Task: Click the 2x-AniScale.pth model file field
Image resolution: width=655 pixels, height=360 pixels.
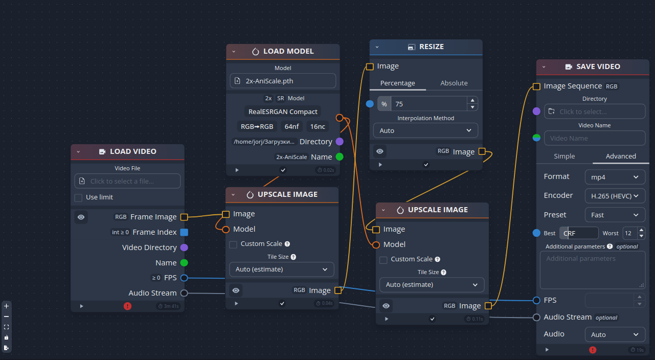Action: click(283, 81)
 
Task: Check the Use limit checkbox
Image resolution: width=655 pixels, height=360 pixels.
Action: click(78, 198)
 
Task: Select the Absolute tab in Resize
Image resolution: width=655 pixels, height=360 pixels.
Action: click(454, 83)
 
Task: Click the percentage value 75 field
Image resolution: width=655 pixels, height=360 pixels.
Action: click(428, 104)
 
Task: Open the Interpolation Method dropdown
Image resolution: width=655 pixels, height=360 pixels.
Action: click(425, 130)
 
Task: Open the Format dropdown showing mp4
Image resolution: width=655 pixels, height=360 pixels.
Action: click(615, 177)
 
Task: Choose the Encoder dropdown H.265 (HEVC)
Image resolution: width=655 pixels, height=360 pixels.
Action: click(615, 196)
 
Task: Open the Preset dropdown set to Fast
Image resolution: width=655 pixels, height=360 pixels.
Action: click(615, 215)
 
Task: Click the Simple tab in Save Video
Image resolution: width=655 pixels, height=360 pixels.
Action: click(564, 156)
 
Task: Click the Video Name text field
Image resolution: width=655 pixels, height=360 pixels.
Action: click(595, 138)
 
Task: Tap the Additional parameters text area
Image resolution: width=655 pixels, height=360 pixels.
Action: click(593, 270)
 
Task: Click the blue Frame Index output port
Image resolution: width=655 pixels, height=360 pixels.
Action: click(184, 232)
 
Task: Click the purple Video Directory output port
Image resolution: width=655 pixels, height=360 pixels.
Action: click(184, 247)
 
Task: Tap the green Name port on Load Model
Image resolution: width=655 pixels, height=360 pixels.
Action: click(340, 157)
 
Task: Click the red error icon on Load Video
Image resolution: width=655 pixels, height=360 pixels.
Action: click(127, 306)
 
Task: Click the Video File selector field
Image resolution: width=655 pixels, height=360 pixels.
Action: click(127, 181)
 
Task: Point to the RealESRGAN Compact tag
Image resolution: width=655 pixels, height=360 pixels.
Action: click(283, 111)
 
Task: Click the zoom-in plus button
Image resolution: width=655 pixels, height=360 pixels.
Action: click(7, 306)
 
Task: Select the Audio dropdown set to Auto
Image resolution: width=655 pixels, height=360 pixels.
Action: click(615, 334)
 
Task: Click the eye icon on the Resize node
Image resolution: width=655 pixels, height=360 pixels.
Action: click(379, 151)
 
